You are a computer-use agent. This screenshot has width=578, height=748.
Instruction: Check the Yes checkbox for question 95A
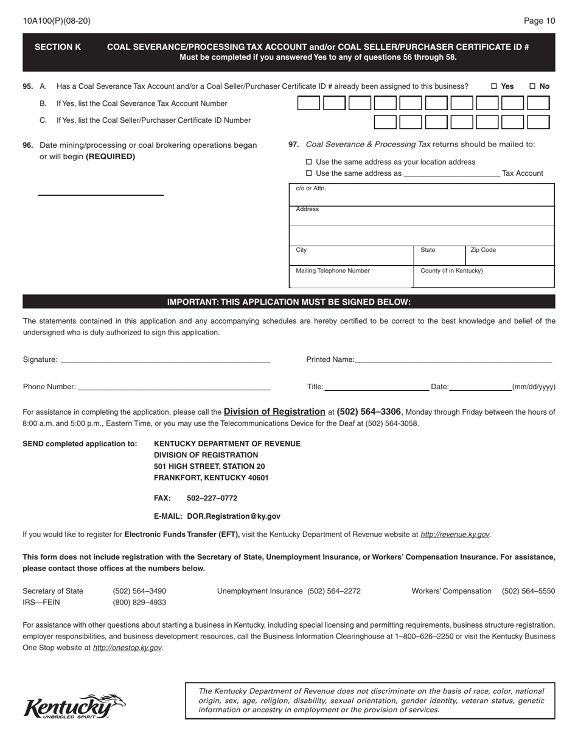click(494, 86)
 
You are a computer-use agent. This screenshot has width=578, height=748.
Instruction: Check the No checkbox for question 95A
click(532, 86)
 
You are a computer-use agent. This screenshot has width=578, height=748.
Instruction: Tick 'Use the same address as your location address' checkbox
click(308, 162)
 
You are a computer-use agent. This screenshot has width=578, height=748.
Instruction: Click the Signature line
click(165, 360)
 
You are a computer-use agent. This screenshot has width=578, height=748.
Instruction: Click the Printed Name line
click(453, 360)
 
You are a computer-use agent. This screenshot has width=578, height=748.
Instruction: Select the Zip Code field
click(510, 257)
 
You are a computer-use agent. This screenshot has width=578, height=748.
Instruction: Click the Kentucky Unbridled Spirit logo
click(74, 707)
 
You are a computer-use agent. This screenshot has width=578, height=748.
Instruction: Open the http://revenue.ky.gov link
click(455, 535)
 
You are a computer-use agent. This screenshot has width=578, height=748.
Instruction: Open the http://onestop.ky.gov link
click(127, 648)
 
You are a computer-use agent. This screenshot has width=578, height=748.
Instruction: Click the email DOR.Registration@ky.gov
click(234, 516)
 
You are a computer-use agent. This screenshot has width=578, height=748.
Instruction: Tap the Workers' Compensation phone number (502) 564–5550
click(528, 591)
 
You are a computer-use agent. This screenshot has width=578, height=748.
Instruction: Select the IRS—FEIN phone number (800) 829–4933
click(139, 603)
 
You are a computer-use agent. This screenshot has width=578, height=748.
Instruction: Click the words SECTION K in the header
click(58, 47)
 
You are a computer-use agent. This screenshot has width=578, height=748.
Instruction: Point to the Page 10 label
click(539, 21)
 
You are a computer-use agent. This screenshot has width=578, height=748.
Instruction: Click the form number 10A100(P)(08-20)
click(57, 21)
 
